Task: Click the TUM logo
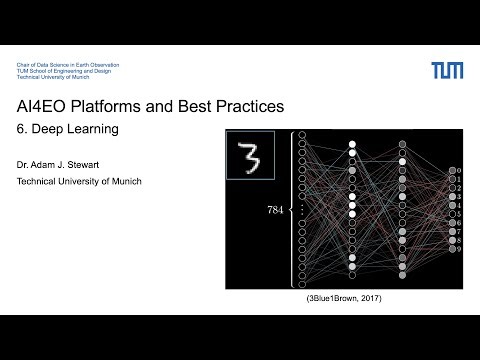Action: pos(446,70)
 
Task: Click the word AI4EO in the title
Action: pos(47,105)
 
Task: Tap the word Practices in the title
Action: pos(244,105)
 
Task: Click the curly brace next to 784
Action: pos(291,208)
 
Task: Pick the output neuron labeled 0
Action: pos(452,171)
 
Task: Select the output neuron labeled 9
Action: pos(452,249)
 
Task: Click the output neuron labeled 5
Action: pos(452,214)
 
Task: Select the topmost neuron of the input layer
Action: pos(303,136)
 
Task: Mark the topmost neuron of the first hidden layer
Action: pos(352,145)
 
